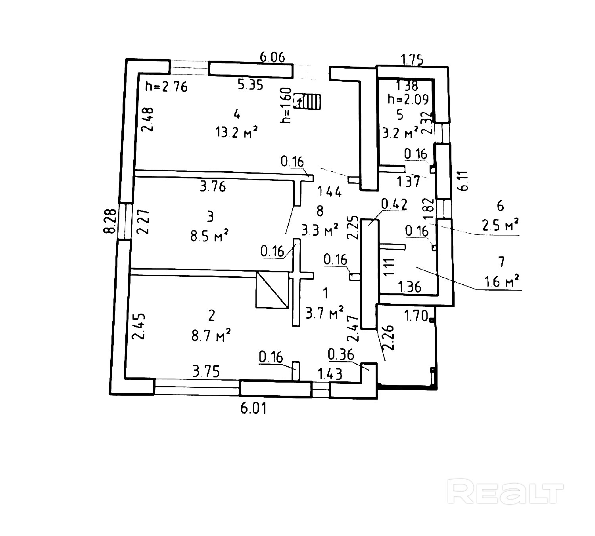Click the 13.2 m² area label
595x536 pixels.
(236, 132)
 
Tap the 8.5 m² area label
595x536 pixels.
(210, 236)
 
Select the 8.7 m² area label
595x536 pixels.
(211, 336)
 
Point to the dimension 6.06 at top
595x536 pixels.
(272, 57)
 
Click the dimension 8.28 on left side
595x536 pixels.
(111, 221)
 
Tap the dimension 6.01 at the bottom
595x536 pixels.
(253, 408)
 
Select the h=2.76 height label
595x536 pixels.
(166, 86)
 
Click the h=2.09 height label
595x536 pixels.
(408, 99)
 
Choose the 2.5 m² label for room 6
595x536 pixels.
(501, 226)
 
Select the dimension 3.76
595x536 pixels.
(213, 186)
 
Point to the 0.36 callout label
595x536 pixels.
(341, 354)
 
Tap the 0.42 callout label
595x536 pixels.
(394, 204)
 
